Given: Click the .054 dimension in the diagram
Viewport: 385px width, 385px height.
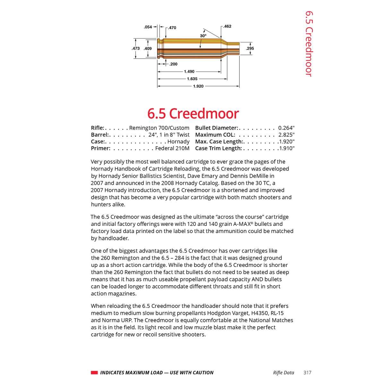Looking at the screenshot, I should pos(148,27).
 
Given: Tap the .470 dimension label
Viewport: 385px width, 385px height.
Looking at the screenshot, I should pos(172,28).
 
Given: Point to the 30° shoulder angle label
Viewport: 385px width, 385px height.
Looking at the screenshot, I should pos(203,36).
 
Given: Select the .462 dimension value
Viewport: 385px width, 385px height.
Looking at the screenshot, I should pos(227,26).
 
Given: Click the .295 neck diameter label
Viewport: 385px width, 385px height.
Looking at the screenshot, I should pos(250,48).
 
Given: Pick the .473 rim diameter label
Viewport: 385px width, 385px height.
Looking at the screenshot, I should pos(136,48).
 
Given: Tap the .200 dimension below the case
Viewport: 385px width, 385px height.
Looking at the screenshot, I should pos(173,64).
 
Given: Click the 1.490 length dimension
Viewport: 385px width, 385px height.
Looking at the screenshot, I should pos(189,72).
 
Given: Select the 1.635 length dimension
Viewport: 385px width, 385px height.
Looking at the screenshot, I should pos(192,79).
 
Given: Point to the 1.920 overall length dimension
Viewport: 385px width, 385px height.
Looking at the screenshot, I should pos(198,86).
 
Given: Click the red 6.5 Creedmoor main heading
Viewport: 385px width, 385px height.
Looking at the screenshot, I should pos(193,114).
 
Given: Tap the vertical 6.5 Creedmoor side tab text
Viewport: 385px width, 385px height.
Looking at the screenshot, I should pos(308,44).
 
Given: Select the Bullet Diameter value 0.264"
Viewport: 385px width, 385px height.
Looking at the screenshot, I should pos(286,128).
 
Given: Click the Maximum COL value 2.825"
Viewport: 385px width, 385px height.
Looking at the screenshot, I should pos(286,135).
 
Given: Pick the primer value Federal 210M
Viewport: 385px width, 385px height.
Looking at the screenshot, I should pos(172,148).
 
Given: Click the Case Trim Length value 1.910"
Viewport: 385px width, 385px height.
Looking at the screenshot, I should pos(287,148).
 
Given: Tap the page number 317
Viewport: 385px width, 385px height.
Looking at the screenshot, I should pos(307,372).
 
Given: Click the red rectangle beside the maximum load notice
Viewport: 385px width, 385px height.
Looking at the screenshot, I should pos(94,372).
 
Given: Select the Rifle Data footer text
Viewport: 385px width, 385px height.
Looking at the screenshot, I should pos(283,372).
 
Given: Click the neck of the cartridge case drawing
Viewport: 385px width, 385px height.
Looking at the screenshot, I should pos(234,48).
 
